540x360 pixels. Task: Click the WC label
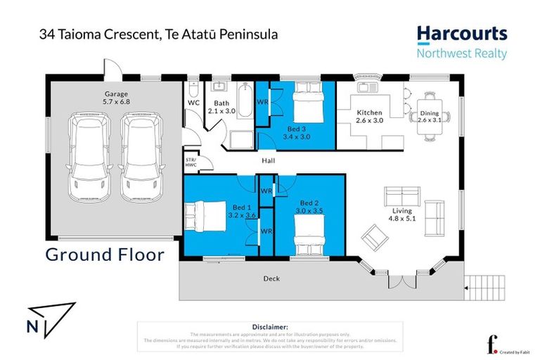193,103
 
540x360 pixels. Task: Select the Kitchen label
369,112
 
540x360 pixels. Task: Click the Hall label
268,161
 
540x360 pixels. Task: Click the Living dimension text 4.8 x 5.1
402,219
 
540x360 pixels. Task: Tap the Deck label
271,278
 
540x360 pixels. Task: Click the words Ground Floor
105,254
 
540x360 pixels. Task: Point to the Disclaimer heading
270,327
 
